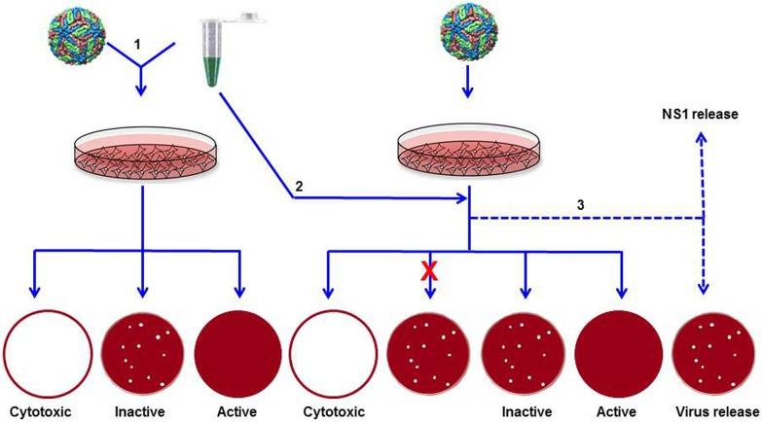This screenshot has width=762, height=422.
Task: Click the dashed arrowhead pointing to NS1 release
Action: pyautogui.click(x=703, y=135)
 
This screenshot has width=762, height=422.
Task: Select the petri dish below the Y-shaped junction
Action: pyautogui.click(x=142, y=154)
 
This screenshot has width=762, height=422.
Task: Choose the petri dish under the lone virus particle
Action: pyautogui.click(x=469, y=154)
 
